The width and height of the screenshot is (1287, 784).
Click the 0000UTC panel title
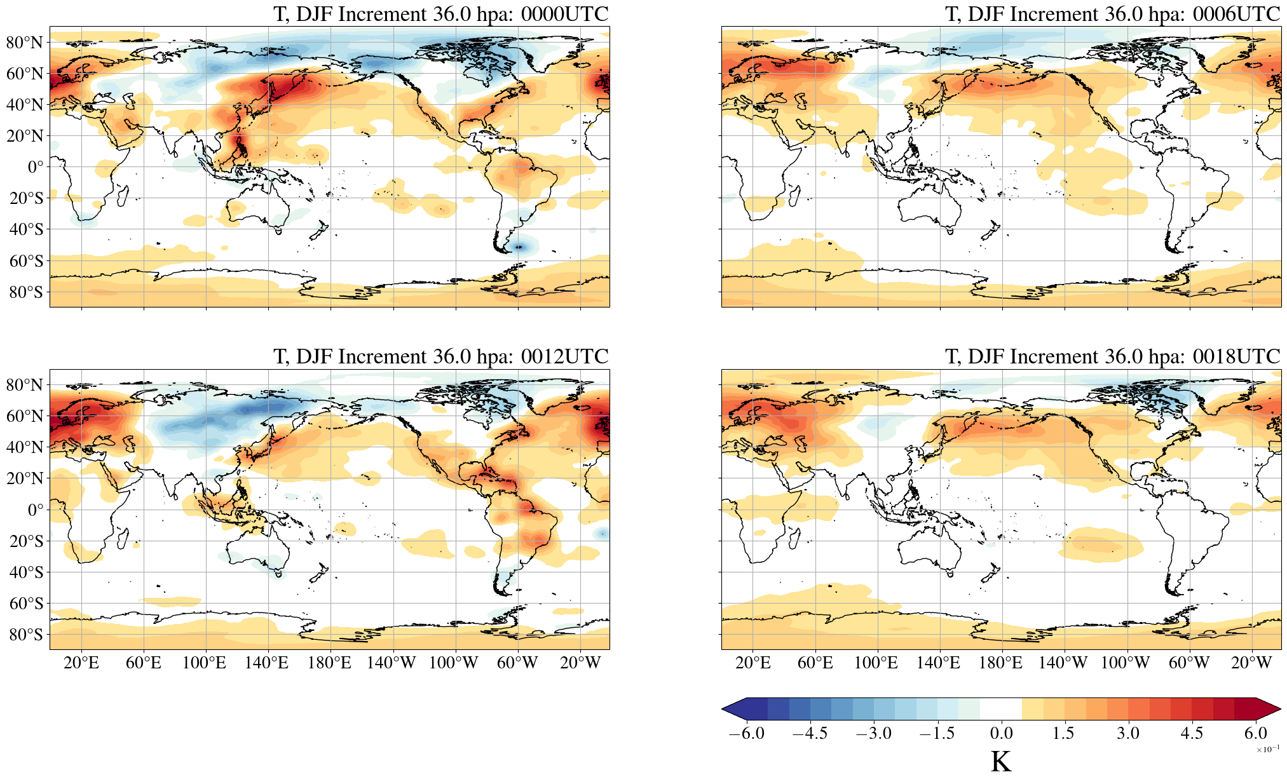point(440,14)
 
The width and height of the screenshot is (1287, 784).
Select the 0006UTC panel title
point(1112,14)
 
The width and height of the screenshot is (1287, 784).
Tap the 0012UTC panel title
point(440,356)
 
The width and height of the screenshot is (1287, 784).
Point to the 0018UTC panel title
point(1112,356)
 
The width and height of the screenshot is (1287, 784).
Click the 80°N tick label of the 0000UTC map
point(25,43)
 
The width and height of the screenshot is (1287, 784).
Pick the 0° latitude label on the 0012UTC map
point(36,510)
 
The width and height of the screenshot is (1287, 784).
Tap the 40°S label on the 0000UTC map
point(26,229)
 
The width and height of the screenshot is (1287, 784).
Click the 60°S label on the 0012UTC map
point(26,604)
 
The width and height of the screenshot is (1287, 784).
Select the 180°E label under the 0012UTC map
point(329,663)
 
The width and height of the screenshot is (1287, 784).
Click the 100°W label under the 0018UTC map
point(1125,663)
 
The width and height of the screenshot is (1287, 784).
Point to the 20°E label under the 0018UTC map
point(752,663)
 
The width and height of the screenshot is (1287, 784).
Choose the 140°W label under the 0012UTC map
point(391,663)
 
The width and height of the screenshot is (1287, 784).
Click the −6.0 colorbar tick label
point(746,733)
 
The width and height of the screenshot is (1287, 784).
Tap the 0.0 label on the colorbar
point(1001,733)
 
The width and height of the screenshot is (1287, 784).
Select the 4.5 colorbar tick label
point(1192,733)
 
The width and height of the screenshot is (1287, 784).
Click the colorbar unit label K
point(1000,762)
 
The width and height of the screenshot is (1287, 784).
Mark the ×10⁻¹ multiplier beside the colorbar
point(1267,750)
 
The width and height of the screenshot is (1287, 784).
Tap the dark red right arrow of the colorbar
point(1269,708)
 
